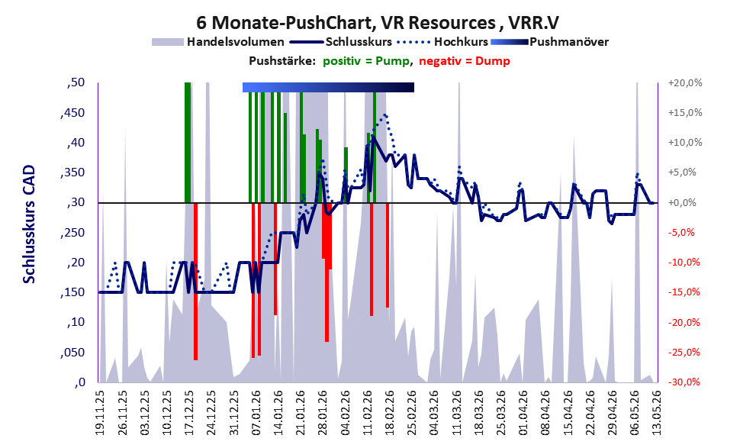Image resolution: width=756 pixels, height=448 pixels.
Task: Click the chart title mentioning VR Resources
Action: point(378,23)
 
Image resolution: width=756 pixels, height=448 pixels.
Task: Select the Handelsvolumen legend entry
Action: point(218,42)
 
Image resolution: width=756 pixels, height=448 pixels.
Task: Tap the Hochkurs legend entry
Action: point(442,42)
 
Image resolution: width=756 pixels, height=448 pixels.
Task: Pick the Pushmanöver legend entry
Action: point(549,42)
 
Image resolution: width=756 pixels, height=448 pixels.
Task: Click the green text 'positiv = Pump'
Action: point(368,61)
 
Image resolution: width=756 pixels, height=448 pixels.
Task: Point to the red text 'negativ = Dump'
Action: point(465,61)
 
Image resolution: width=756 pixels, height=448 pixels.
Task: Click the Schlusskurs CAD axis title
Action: point(30,224)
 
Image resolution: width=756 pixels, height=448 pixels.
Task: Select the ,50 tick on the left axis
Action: point(76,82)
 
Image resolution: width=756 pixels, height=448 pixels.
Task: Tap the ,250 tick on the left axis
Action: point(72,233)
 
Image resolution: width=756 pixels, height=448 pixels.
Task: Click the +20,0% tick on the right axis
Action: point(684,83)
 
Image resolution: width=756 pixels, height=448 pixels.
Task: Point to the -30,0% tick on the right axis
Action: point(684,382)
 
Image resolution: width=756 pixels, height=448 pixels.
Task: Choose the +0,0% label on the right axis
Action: point(682,202)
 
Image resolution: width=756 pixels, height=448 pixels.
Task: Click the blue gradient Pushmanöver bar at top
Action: point(328,87)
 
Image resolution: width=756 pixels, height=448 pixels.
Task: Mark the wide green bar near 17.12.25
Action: point(188,143)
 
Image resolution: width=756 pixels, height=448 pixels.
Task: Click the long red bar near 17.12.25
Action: point(196,282)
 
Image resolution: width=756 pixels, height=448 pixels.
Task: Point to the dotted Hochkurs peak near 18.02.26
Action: point(384,115)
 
